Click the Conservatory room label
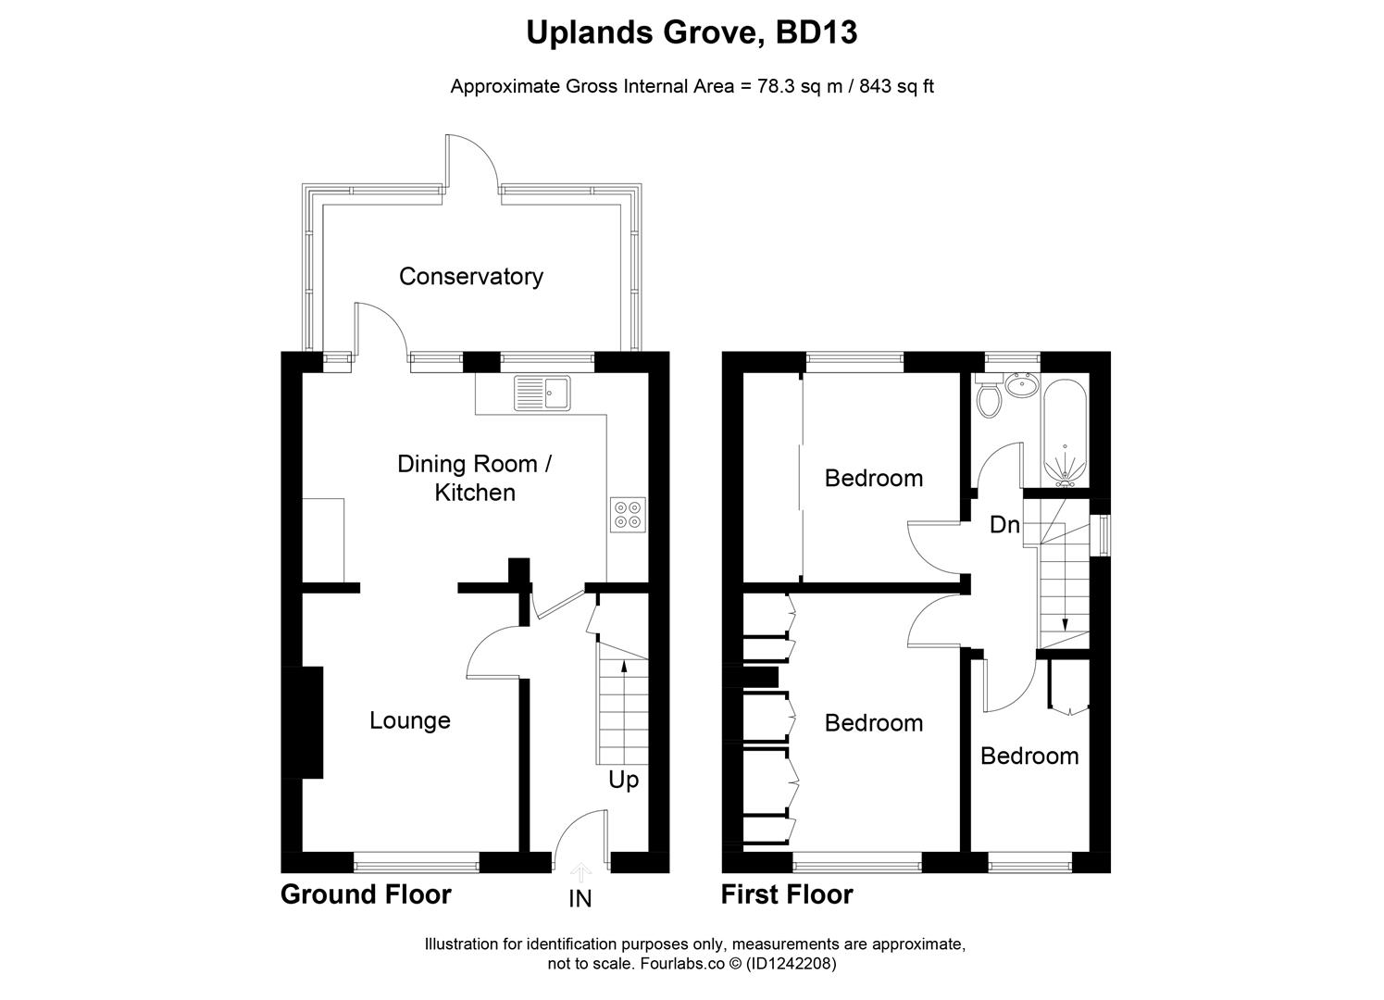tap(470, 276)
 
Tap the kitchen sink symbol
tap(543, 393)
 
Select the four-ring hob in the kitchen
tap(628, 515)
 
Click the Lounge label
tap(409, 720)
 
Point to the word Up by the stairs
tap(623, 781)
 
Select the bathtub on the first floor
tap(1066, 431)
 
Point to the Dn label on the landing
tap(1004, 525)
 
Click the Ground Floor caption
tap(366, 894)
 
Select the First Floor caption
tap(787, 894)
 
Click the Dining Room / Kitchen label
tap(474, 478)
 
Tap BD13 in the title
tap(817, 32)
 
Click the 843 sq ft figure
tap(896, 87)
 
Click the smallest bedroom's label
tap(1029, 756)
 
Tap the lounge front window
tap(416, 864)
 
